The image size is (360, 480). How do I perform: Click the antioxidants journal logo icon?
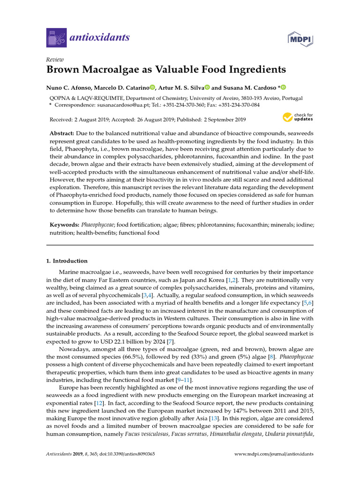pos(56,37)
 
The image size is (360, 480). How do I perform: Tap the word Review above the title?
pos(55,60)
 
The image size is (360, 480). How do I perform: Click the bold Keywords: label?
pos(65,225)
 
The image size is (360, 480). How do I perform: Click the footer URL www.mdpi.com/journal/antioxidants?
pos(274,454)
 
